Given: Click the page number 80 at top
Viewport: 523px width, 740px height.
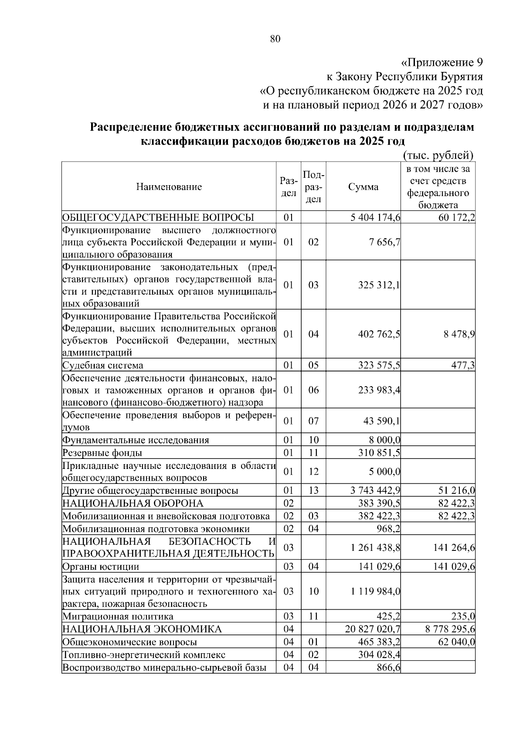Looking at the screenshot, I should click(275, 39).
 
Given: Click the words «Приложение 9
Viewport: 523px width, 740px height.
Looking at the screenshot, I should click(441, 62).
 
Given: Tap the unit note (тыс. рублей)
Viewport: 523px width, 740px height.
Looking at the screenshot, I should click(438, 155).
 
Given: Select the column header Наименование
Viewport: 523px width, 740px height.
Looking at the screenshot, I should click(169, 187).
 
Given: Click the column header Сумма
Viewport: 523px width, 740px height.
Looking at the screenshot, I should click(363, 187).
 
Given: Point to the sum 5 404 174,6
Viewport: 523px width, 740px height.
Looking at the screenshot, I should click(375, 217).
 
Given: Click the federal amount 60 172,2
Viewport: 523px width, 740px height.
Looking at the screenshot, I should click(457, 217).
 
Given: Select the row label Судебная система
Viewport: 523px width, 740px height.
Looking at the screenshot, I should click(103, 365).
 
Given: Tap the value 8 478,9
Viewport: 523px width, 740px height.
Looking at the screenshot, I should click(460, 334).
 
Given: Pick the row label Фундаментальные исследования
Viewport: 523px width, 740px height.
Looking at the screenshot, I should click(136, 440).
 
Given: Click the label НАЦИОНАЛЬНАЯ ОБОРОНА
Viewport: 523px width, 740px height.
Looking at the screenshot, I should click(133, 504).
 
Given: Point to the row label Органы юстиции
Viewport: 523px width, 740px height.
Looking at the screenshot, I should click(101, 567).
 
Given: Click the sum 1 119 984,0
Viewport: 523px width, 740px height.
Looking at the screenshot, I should click(375, 591).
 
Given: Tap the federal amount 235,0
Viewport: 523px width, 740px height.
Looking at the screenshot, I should click(464, 617).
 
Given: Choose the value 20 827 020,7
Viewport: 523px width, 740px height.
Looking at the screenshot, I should click(373, 629).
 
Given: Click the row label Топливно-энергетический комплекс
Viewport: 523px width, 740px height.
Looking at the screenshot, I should click(144, 655).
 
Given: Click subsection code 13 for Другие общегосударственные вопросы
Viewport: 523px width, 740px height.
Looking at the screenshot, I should click(313, 491).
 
